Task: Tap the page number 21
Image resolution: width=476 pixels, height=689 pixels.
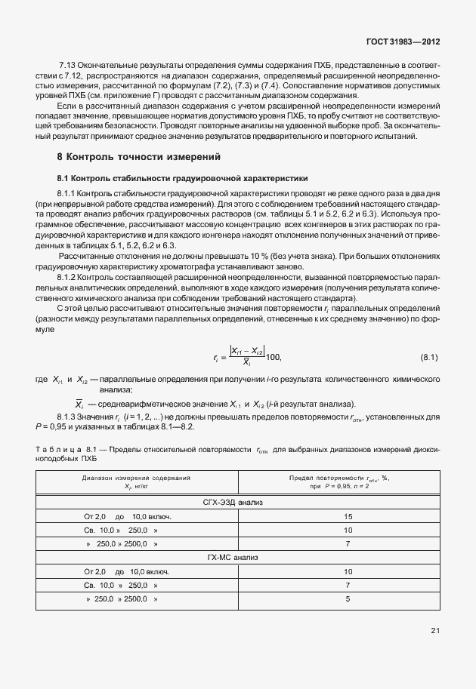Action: pyautogui.click(x=435, y=630)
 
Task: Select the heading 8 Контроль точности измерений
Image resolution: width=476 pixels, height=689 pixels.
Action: pyautogui.click(x=139, y=158)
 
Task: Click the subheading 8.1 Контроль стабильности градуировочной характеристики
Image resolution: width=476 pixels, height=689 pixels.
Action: pyautogui.click(x=182, y=179)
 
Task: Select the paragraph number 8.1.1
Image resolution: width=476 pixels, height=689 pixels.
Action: pyautogui.click(x=69, y=195)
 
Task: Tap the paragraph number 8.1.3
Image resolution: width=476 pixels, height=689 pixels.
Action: pyautogui.click(x=69, y=417)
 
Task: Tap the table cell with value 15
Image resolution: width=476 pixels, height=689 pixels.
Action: pyautogui.click(x=348, y=516)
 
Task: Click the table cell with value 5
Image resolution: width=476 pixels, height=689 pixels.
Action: pyautogui.click(x=348, y=599)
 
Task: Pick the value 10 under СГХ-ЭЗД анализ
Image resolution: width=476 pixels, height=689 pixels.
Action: pyautogui.click(x=348, y=530)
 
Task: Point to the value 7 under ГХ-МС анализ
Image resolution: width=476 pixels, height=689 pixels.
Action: pyautogui.click(x=348, y=586)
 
